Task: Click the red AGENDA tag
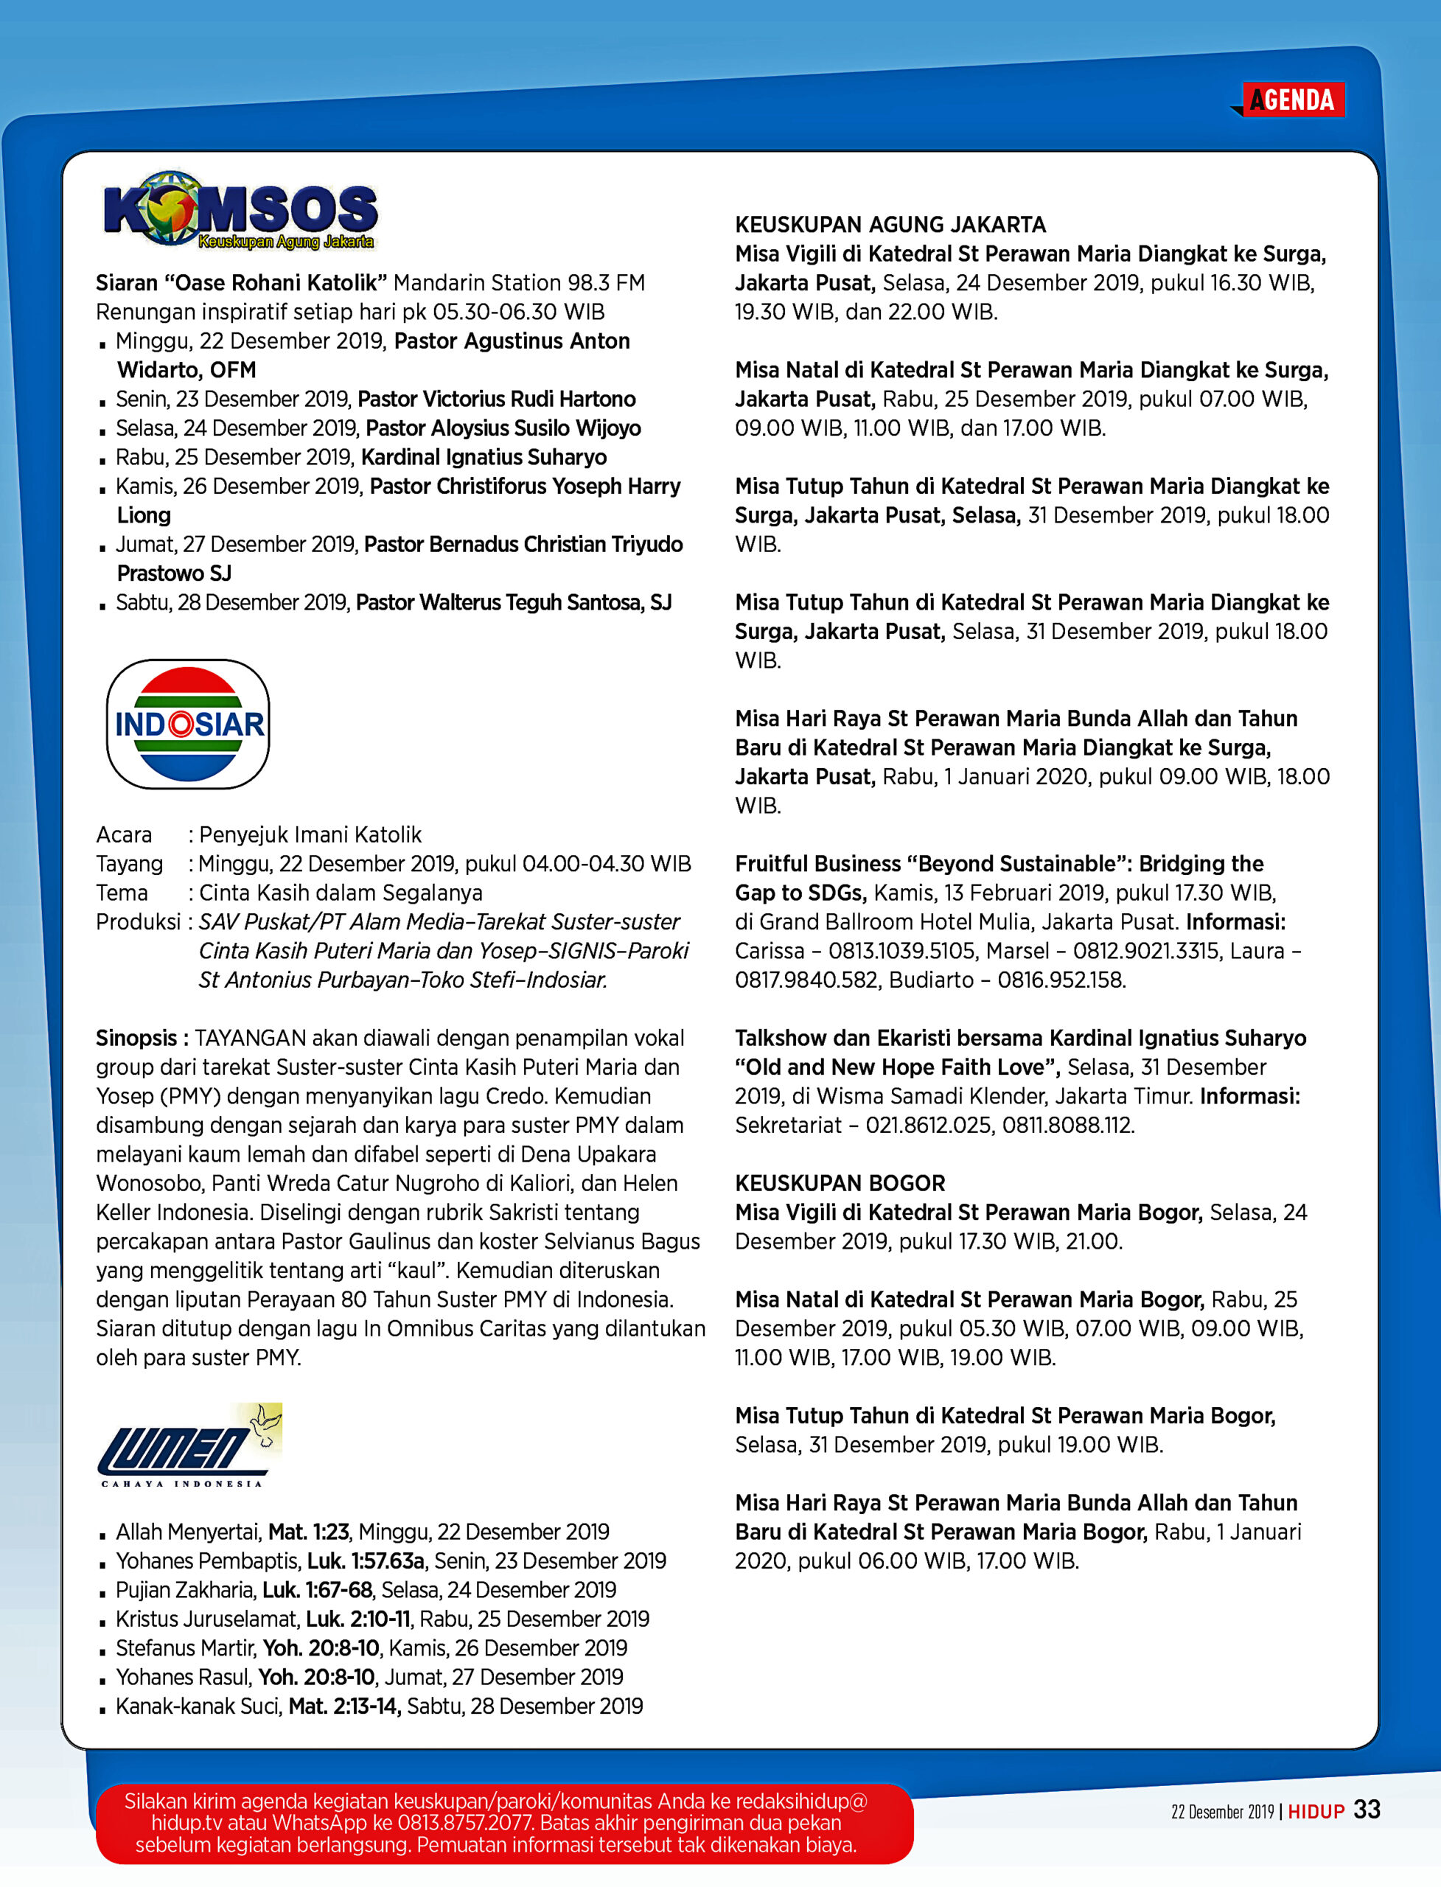coord(1293,100)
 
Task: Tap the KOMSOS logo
coord(240,210)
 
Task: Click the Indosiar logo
coord(188,724)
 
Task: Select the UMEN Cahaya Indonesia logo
coord(189,1448)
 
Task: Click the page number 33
coord(1367,1810)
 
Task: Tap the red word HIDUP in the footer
coord(1316,1812)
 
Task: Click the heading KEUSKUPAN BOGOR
coord(840,1183)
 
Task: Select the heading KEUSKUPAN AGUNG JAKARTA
coord(890,225)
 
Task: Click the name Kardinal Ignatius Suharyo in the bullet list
coord(484,457)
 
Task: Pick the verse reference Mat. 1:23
coord(309,1531)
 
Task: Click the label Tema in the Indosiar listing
coord(122,893)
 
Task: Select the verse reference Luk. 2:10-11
coord(358,1619)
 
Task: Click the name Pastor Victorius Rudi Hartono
coord(497,399)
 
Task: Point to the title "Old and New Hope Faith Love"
coord(897,1067)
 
